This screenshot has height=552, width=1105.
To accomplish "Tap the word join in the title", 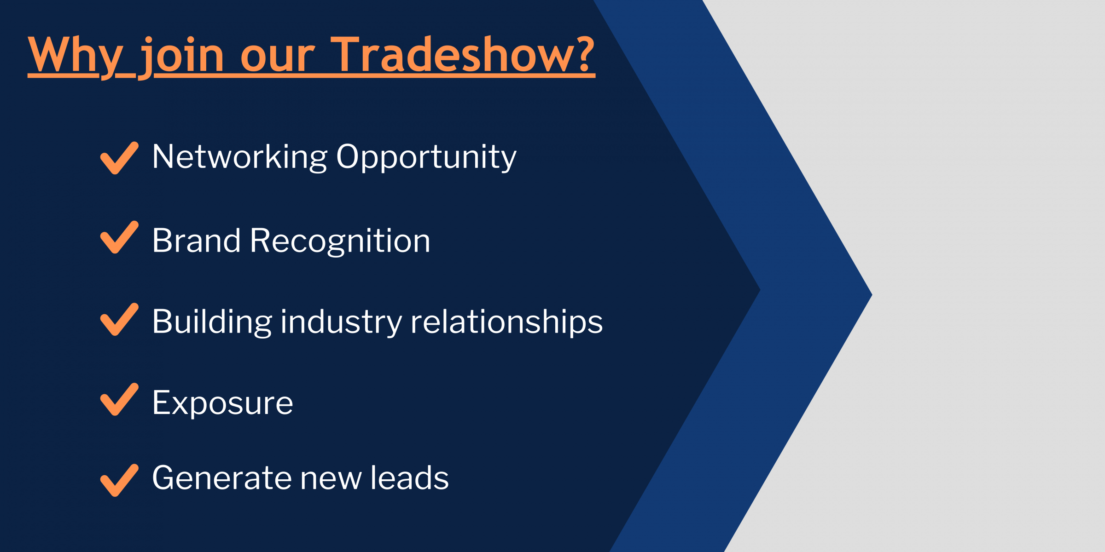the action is (181, 57).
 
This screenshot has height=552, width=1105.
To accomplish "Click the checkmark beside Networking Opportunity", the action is (119, 158).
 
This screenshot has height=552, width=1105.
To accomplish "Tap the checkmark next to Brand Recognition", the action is (119, 237).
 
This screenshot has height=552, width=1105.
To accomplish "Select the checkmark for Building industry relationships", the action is (119, 320).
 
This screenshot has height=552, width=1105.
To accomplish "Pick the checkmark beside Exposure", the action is (119, 399).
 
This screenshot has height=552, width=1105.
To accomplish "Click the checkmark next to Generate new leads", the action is (119, 480).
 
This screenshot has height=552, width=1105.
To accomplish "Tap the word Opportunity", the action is (426, 157).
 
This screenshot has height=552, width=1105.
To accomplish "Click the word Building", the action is (212, 322).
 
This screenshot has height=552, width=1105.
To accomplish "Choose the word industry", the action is (341, 322).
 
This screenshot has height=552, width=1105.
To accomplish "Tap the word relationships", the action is (506, 322).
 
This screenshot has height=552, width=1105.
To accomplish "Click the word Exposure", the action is (223, 403).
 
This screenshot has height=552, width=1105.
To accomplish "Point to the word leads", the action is (410, 477).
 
